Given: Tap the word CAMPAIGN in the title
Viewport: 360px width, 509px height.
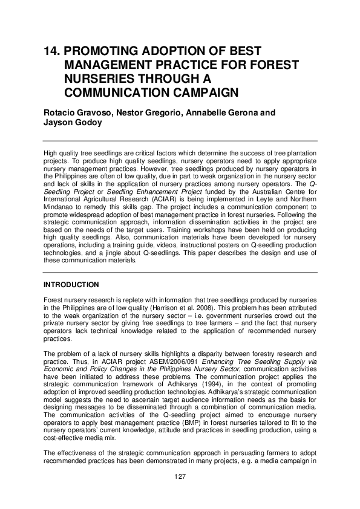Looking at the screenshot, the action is tap(201, 92).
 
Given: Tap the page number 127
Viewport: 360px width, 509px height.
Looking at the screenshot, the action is tap(180, 477).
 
